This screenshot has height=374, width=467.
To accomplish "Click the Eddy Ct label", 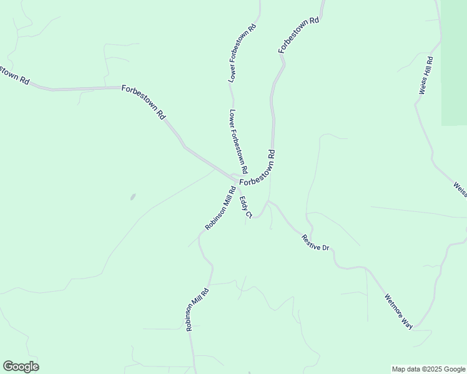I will (245, 208).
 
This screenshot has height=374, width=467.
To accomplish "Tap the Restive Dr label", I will (315, 242).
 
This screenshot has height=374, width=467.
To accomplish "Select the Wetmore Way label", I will (399, 311).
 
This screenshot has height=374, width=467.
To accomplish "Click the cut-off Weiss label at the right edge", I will (460, 189).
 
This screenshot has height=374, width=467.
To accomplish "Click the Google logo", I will (21, 367).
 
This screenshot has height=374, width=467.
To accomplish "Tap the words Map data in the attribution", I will (405, 369).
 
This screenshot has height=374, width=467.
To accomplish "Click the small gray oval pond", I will (132, 197).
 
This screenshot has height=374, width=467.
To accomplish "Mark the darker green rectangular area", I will (454, 62).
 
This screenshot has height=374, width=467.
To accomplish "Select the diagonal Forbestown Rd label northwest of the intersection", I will (144, 102).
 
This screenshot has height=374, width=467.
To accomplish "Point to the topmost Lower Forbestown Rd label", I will (243, 54).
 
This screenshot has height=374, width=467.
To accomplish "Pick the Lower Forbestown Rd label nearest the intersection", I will (238, 142).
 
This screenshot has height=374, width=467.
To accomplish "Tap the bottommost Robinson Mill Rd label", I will (197, 309).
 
